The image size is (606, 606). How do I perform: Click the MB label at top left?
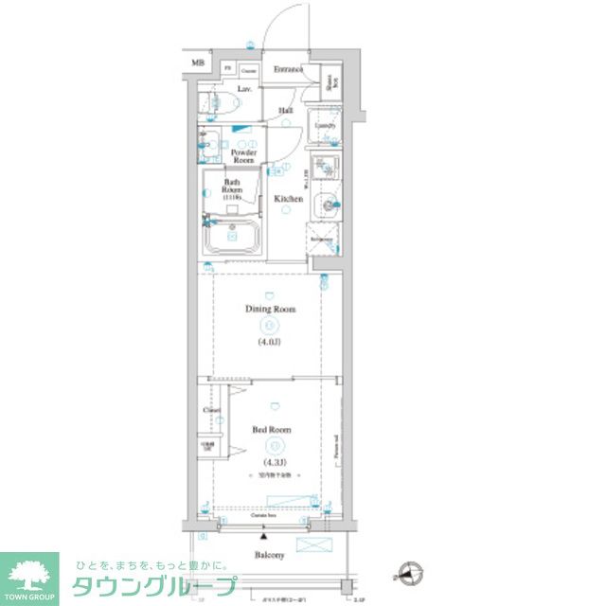[198, 63]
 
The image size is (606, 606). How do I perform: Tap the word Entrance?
[288, 69]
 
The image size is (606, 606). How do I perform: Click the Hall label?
[285, 111]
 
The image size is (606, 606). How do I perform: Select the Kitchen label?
[288, 199]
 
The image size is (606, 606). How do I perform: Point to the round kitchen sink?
[327, 202]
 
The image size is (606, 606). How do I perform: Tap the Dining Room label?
[271, 309]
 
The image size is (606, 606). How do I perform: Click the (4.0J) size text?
[271, 344]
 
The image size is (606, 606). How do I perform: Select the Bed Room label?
[271, 429]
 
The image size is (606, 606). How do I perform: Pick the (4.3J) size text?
[271, 463]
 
